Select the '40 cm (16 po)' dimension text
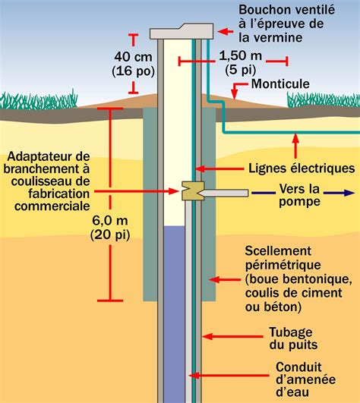(x=134, y=64)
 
